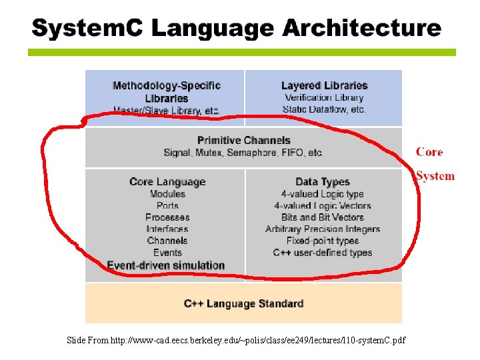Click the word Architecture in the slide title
[362, 29]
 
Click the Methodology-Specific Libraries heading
[167, 91]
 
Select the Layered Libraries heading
[324, 85]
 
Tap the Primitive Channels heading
[244, 140]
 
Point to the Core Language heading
[167, 181]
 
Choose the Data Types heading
[323, 181]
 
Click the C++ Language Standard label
[244, 303]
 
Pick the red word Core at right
[429, 152]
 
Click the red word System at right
[435, 176]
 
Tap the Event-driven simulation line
[166, 265]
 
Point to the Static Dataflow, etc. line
[324, 109]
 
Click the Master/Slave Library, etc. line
[167, 111]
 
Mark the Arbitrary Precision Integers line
[323, 229]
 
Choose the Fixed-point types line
[323, 241]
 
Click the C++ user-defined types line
[323, 253]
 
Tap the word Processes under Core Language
[167, 217]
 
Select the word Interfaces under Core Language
[167, 229]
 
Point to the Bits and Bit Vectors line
[323, 217]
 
